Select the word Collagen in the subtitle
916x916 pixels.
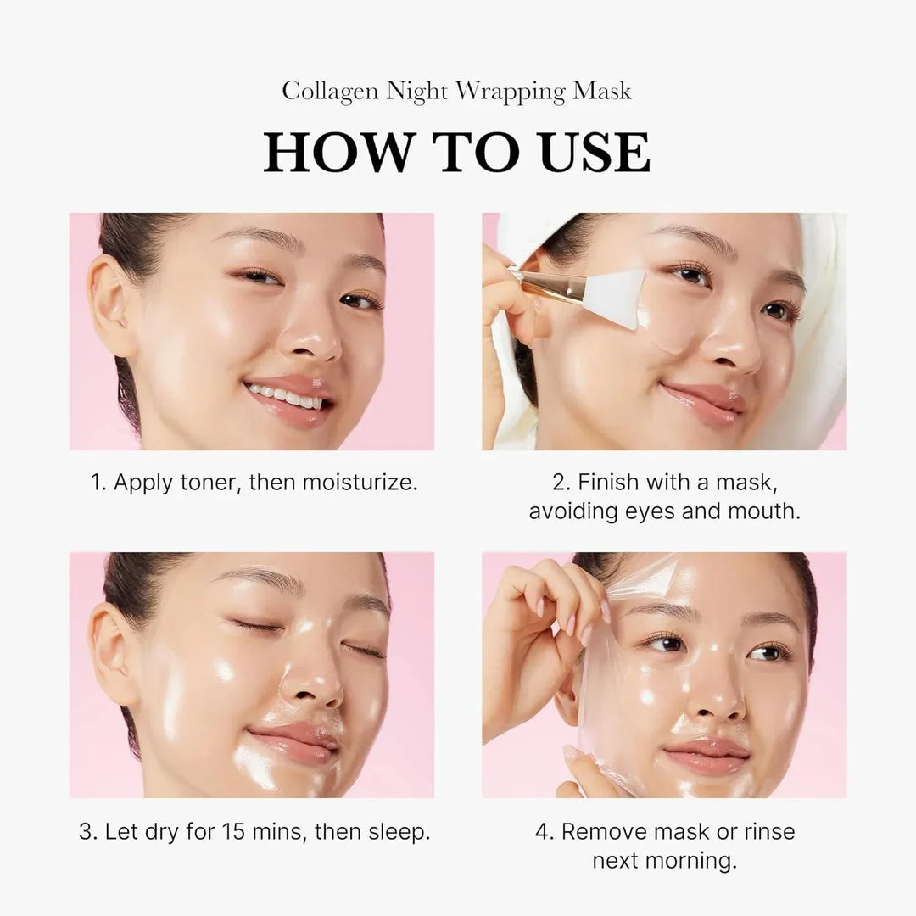click(x=331, y=92)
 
